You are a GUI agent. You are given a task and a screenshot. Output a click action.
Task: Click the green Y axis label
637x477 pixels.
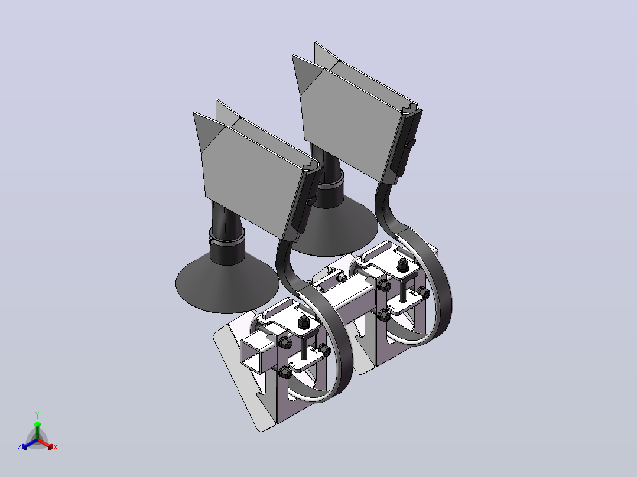click(37, 416)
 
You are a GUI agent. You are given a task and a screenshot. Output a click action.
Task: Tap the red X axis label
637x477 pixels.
click(56, 447)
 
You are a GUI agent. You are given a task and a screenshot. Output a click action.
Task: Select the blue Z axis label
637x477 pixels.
click(19, 447)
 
